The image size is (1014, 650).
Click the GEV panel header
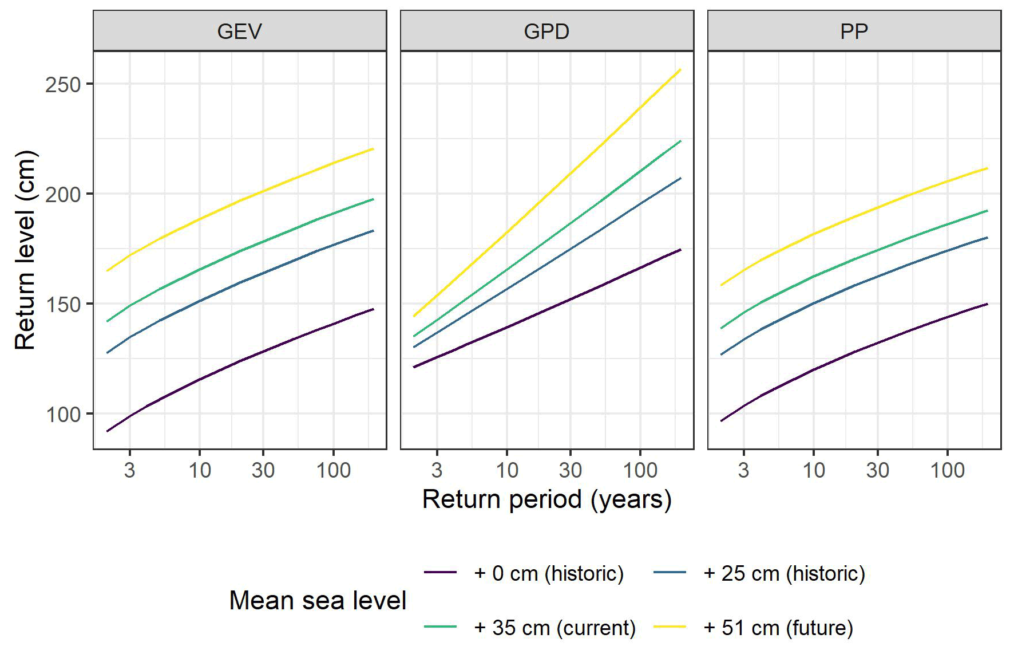(x=239, y=31)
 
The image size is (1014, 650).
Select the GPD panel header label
(x=546, y=31)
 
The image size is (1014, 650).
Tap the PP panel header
(x=854, y=31)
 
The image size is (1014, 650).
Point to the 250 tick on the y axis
(x=63, y=85)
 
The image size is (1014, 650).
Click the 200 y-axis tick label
(x=63, y=195)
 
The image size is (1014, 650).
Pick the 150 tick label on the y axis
(x=63, y=305)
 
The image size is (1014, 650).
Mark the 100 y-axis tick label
(x=63, y=415)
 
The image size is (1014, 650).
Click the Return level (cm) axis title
(x=25, y=250)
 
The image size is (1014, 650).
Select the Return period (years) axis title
(x=546, y=499)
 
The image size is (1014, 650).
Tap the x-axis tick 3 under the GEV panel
(x=130, y=470)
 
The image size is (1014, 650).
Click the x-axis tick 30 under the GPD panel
(x=570, y=470)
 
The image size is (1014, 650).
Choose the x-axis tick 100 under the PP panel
(x=947, y=470)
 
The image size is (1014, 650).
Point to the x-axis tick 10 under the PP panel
(x=814, y=470)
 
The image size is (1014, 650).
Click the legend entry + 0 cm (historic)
(x=548, y=573)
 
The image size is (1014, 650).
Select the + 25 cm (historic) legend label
(x=784, y=573)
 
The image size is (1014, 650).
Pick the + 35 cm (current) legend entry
(x=554, y=628)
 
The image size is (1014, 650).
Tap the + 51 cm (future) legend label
(x=778, y=628)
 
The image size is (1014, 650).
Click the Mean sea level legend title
(x=318, y=600)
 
